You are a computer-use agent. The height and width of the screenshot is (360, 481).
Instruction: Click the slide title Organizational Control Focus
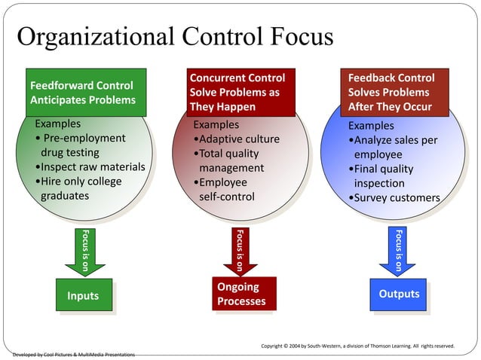[174, 37]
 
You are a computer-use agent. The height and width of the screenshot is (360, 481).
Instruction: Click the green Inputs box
[83, 295]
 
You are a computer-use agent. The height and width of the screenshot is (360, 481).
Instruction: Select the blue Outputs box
[398, 294]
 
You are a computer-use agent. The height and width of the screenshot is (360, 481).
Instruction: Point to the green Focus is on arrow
[84, 252]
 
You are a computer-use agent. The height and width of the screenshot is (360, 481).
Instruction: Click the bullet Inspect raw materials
[90, 167]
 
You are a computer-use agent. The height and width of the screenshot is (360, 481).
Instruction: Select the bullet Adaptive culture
[237, 139]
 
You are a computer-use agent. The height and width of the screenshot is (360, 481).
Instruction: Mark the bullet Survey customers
[394, 198]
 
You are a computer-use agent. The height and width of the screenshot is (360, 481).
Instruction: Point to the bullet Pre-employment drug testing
[80, 145]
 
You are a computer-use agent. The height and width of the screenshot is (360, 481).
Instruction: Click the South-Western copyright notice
[357, 346]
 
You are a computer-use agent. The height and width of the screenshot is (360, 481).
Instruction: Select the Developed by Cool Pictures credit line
[74, 354]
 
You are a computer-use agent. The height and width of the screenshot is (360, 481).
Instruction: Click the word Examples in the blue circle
[371, 126]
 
